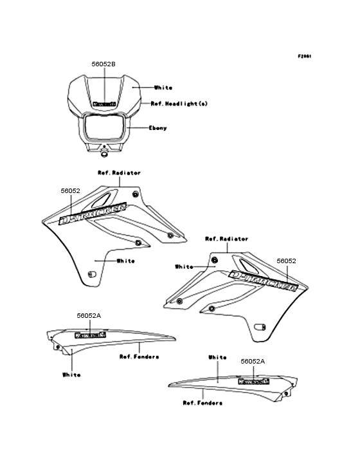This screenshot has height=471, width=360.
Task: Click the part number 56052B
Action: click(x=104, y=65)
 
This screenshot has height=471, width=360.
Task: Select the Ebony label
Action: click(x=157, y=128)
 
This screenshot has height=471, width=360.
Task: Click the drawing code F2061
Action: click(x=304, y=56)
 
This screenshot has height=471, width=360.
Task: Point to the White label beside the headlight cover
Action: click(x=163, y=87)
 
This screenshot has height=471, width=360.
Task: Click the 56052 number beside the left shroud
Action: click(x=70, y=191)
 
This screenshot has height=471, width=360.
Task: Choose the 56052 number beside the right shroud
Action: click(x=286, y=261)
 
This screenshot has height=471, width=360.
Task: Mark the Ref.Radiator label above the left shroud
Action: click(x=119, y=173)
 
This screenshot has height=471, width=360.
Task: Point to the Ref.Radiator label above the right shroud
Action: click(x=226, y=239)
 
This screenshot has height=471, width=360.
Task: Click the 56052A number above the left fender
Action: click(x=89, y=316)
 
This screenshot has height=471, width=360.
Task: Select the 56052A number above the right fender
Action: click(x=253, y=362)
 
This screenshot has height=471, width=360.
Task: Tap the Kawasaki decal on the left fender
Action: click(x=89, y=335)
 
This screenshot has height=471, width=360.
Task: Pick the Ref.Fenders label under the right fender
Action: click(x=203, y=403)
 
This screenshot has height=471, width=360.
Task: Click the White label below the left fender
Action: click(x=71, y=374)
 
